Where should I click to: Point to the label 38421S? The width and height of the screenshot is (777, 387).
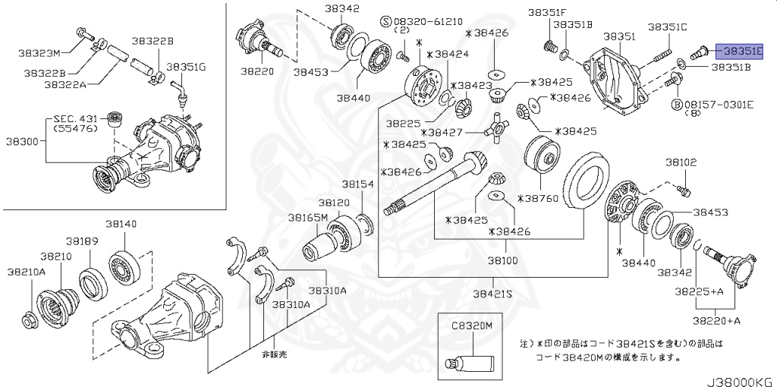tap(492, 293)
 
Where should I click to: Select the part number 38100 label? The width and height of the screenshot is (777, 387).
tap(502, 260)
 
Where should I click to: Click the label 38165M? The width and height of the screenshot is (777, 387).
tap(307, 217)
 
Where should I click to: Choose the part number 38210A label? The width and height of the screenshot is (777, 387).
tap(27, 271)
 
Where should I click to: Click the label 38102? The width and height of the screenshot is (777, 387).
tap(681, 162)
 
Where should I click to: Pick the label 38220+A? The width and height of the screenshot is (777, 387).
tap(716, 321)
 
